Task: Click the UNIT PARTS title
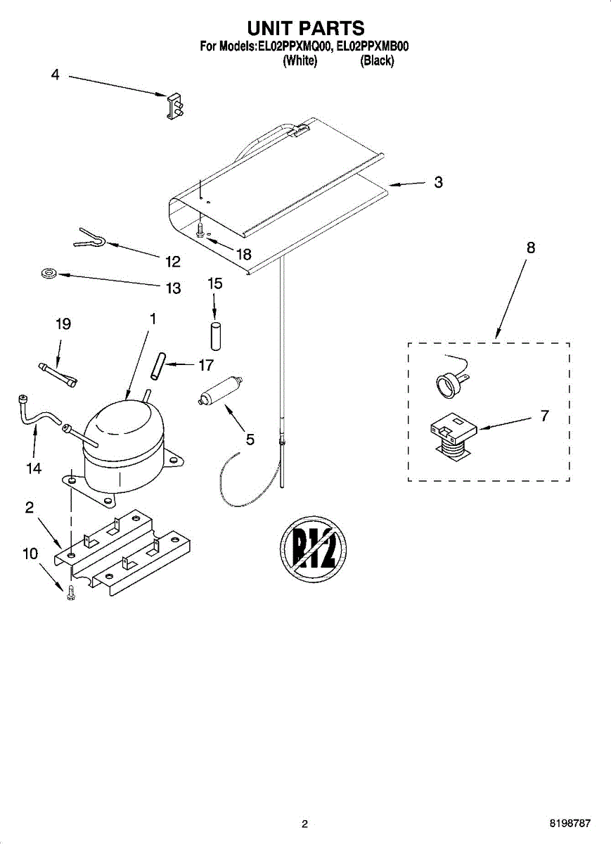(x=305, y=28)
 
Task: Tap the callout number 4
(x=56, y=75)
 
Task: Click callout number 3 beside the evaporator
(x=438, y=183)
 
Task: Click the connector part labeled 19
(x=58, y=373)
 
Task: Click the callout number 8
(x=530, y=248)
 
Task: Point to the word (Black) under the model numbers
(x=377, y=60)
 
